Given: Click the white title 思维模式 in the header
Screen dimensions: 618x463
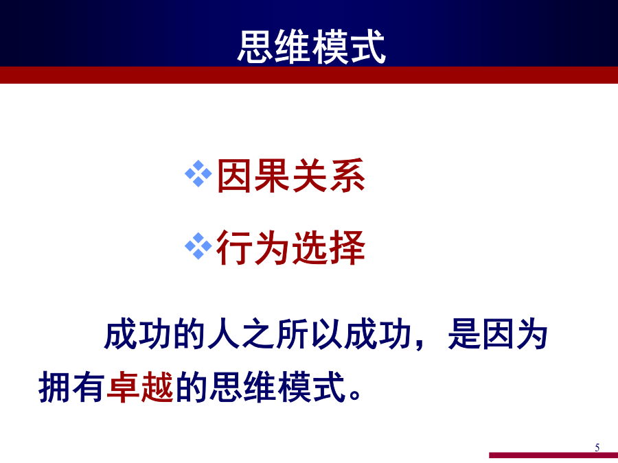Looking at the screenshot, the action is pyautogui.click(x=311, y=47).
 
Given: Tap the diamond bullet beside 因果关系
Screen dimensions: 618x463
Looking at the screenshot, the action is pyautogui.click(x=198, y=174).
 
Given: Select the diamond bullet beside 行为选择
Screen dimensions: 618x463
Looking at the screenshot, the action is pyautogui.click(x=198, y=246).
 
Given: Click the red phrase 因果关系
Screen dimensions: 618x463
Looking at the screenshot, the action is pyautogui.click(x=291, y=176).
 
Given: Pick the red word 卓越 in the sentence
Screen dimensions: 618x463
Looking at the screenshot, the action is pyautogui.click(x=140, y=387).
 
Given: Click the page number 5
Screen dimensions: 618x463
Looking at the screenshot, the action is pyautogui.click(x=597, y=447).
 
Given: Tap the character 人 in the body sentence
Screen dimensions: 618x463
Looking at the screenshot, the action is pyautogui.click(x=224, y=334).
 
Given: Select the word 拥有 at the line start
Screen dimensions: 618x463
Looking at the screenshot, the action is pyautogui.click(x=71, y=387).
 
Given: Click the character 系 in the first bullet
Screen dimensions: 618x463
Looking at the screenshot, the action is pyautogui.click(x=347, y=176).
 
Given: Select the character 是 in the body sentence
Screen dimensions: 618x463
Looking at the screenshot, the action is pyautogui.click(x=464, y=334).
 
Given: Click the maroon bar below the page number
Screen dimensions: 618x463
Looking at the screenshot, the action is pyautogui.click(x=553, y=455).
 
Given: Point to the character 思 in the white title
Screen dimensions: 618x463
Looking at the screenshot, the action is pyautogui.click(x=255, y=47).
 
